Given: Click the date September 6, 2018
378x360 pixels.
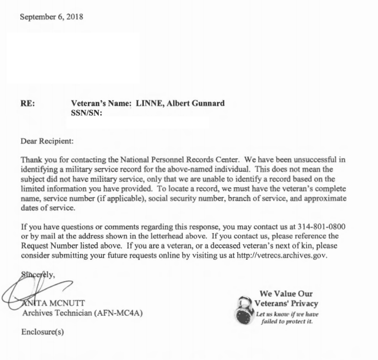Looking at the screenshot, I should pyautogui.click(x=51, y=17).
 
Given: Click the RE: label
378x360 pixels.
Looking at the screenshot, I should pyautogui.click(x=28, y=103).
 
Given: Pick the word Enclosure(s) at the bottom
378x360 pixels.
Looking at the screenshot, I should pyautogui.click(x=43, y=332).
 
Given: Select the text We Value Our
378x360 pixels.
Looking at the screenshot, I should pyautogui.click(x=286, y=294).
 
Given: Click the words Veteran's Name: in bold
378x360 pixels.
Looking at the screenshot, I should pyautogui.click(x=100, y=103).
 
